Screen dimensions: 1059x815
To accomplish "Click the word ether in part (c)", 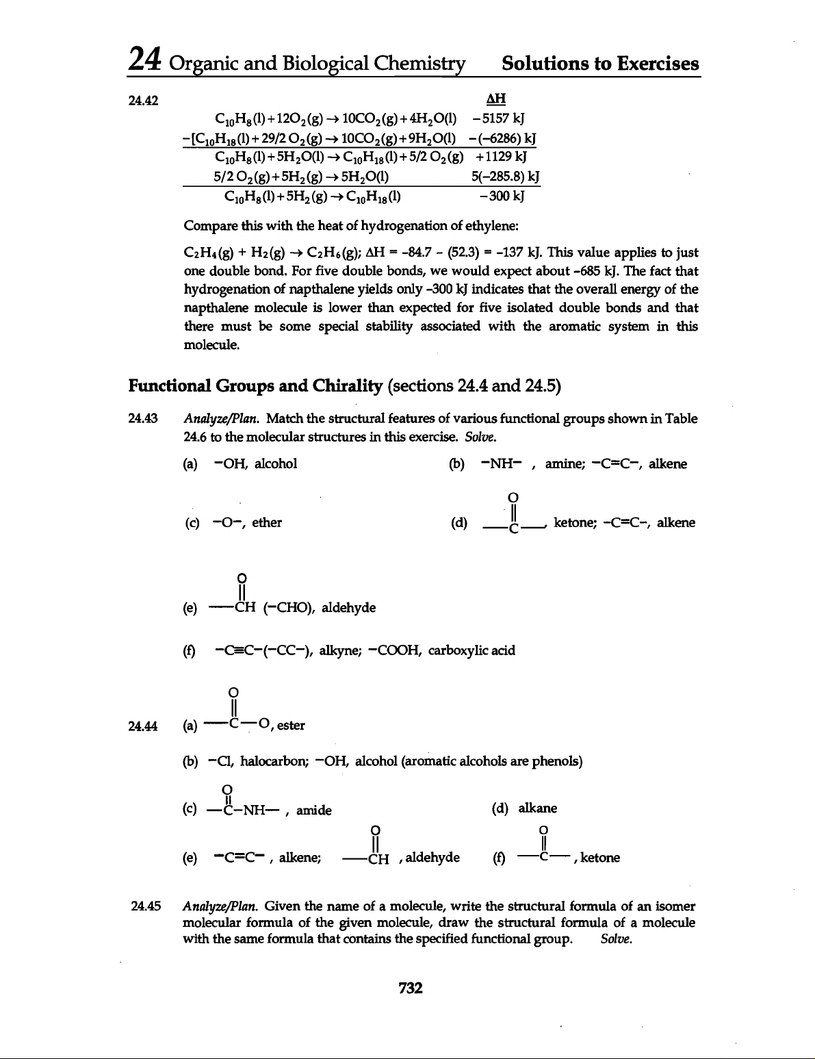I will [267, 523].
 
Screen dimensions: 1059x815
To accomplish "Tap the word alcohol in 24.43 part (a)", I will [276, 463].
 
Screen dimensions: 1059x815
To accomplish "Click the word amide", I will [314, 811].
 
